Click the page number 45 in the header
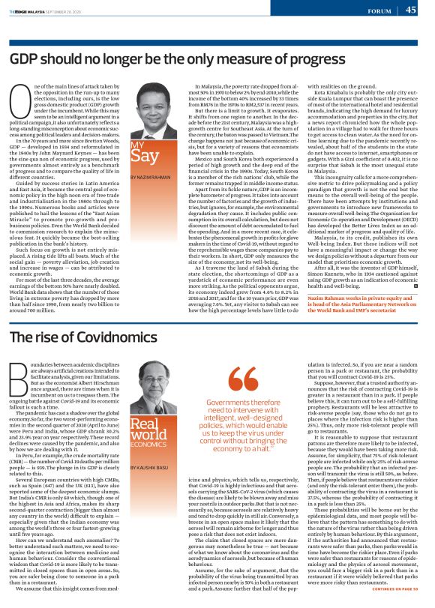(412, 10)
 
